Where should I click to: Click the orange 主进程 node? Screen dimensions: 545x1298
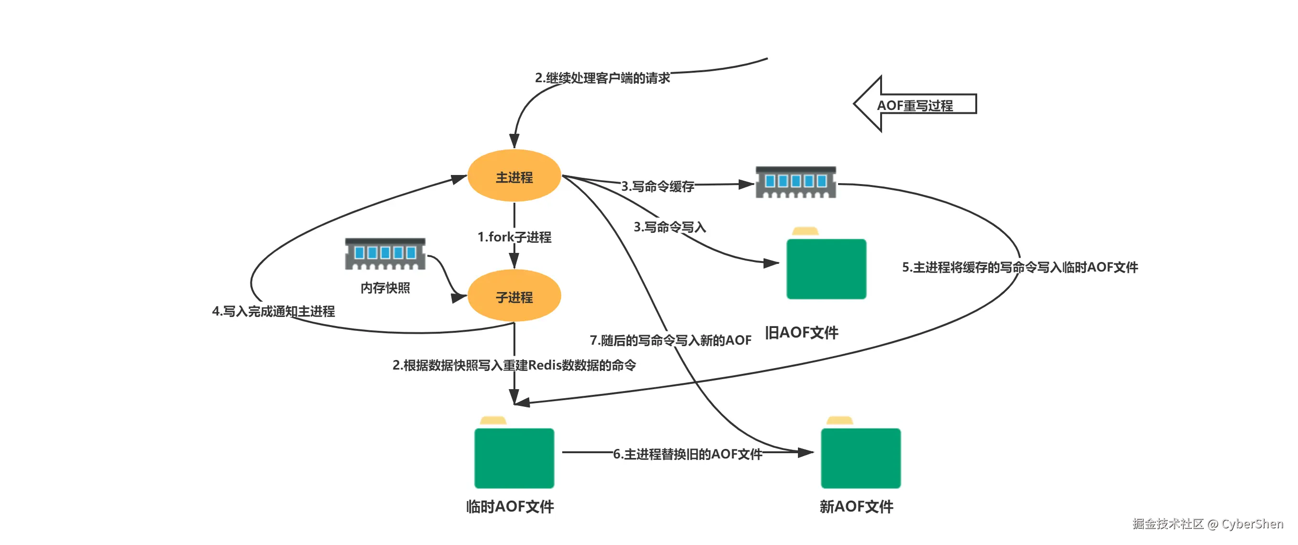[x=514, y=176]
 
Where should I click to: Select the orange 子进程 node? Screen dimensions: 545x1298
[x=514, y=296]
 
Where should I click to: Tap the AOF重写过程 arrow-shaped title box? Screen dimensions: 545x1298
[x=915, y=105]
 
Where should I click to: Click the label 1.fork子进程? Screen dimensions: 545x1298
[x=514, y=237]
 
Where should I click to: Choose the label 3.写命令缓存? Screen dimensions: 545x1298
[x=657, y=186]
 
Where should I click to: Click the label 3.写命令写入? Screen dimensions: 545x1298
[x=670, y=227]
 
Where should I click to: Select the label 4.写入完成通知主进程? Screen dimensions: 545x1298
[x=273, y=311]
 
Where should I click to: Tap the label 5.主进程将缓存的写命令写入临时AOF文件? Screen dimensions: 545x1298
[x=1019, y=267]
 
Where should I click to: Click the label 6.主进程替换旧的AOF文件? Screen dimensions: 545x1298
[x=687, y=454]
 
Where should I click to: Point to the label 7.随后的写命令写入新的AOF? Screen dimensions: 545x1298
[x=670, y=340]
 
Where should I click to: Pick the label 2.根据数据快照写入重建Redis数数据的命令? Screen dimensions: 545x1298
[x=514, y=365]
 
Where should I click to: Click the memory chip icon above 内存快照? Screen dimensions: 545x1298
[x=385, y=253]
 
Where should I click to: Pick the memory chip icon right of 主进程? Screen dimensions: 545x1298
[x=796, y=182]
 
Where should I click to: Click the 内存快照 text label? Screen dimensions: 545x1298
[x=385, y=288]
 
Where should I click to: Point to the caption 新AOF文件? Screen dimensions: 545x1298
[x=856, y=506]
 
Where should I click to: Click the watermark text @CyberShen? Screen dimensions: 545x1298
[x=1246, y=523]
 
